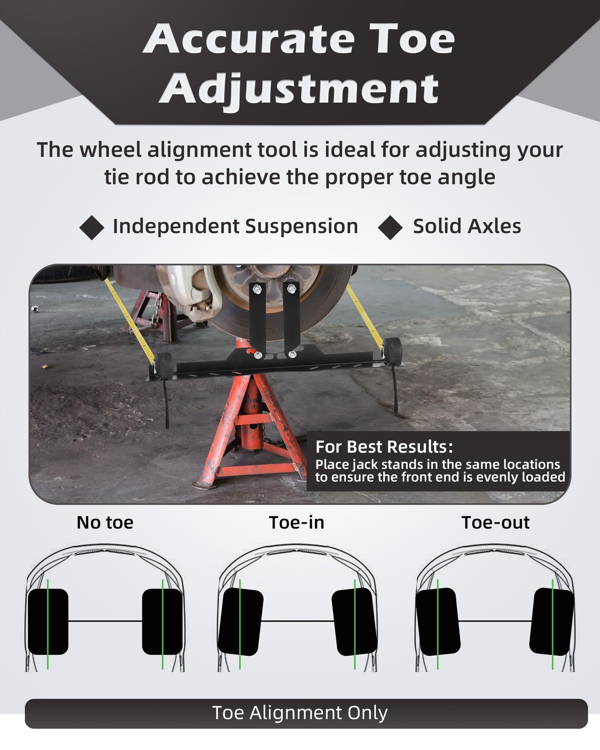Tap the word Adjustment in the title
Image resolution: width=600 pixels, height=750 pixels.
299,89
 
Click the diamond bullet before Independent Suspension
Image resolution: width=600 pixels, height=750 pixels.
92,227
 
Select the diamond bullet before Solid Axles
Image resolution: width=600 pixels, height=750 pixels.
390,227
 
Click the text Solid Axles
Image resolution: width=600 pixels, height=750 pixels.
467,226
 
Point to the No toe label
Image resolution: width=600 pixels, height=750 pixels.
105,523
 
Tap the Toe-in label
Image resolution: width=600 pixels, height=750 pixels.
297,523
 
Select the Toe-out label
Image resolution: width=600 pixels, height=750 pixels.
495,523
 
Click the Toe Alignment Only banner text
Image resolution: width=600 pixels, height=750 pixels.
300,713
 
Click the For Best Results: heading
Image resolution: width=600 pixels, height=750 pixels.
384,447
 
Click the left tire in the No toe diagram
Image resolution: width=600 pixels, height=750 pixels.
48,622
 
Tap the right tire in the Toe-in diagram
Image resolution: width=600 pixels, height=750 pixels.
354,622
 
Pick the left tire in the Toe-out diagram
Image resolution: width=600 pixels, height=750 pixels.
438,622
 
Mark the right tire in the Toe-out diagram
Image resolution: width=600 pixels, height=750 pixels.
552,622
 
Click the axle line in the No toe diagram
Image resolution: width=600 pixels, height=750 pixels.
105,622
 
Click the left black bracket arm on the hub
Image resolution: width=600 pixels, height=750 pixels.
257,319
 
